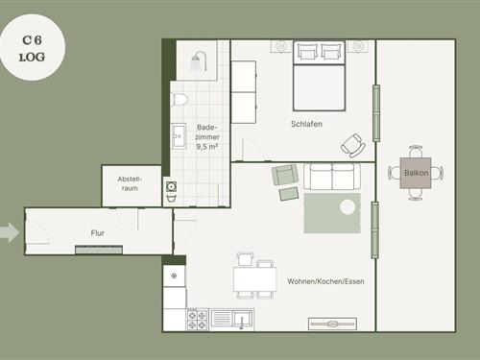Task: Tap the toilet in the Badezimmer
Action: point(179,100)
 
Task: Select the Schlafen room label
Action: point(306,124)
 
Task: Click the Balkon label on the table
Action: point(416,173)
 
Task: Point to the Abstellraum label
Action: point(130,183)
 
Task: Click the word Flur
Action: point(98,233)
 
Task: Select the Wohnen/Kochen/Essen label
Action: point(325,281)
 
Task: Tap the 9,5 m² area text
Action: point(207,147)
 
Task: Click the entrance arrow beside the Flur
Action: point(10,232)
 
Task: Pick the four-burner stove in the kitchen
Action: point(197,320)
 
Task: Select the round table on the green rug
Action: point(348,207)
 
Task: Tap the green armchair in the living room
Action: point(285,175)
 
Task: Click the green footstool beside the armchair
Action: point(289,194)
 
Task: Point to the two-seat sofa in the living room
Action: point(332,177)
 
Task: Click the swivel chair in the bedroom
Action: point(353,146)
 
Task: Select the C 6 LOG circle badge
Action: point(33,47)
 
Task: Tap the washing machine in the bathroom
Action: point(172,186)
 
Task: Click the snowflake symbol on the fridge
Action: point(174,276)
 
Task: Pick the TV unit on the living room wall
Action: point(332,324)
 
